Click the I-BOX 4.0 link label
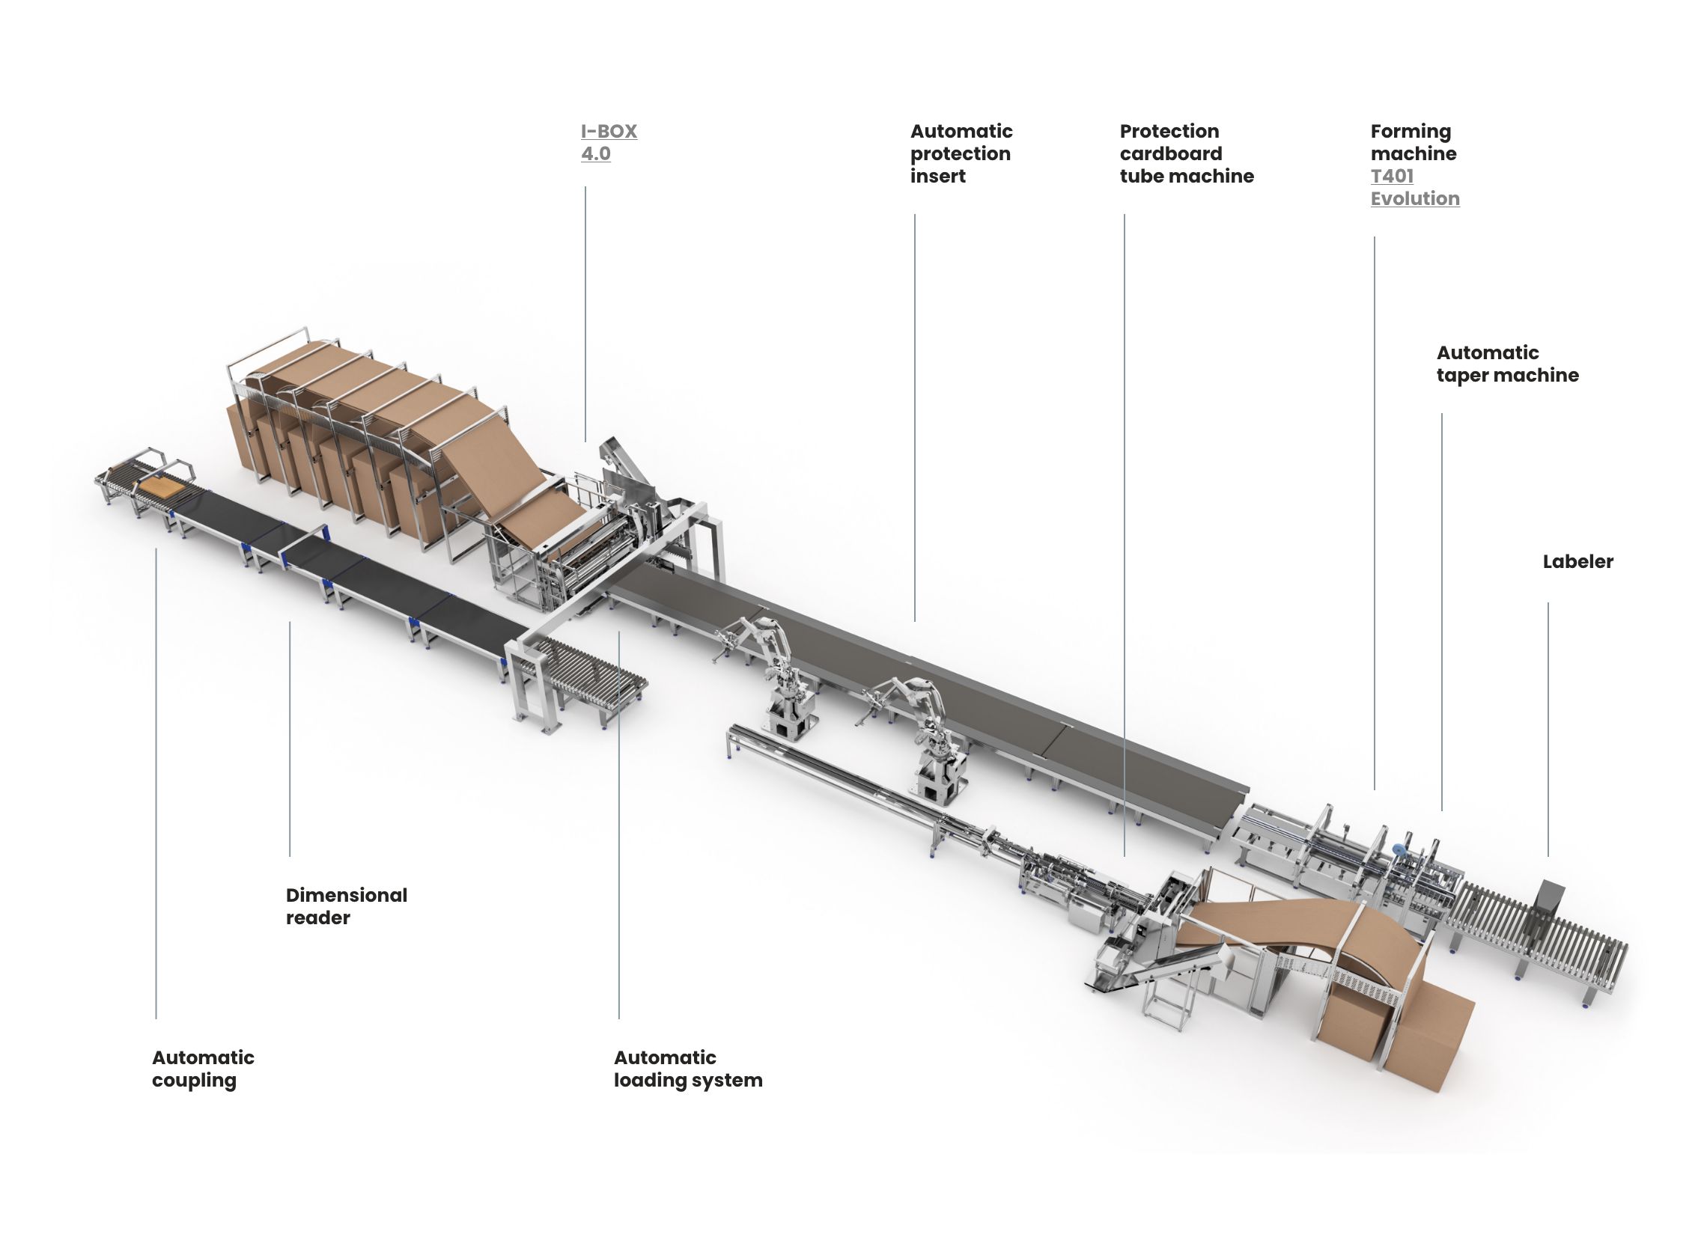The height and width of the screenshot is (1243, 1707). (609, 142)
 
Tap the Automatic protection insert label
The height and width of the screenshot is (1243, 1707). (961, 153)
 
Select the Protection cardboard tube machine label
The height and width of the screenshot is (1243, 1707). (1186, 153)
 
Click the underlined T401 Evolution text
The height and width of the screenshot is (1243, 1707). (1415, 187)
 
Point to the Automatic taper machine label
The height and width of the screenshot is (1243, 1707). (1508, 364)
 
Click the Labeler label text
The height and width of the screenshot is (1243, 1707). (1577, 561)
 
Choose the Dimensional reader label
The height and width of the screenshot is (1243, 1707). (346, 906)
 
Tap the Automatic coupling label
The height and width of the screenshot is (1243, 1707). (203, 1069)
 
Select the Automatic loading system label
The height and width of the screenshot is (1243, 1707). (688, 1069)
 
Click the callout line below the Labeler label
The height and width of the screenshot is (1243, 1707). (1548, 729)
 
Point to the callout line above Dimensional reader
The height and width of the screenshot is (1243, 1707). (290, 739)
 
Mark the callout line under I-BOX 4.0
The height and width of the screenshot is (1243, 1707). (585, 314)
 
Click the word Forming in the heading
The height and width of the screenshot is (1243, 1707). (1411, 132)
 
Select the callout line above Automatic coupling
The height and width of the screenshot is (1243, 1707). (156, 784)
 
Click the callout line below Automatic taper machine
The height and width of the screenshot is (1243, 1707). (1442, 611)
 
